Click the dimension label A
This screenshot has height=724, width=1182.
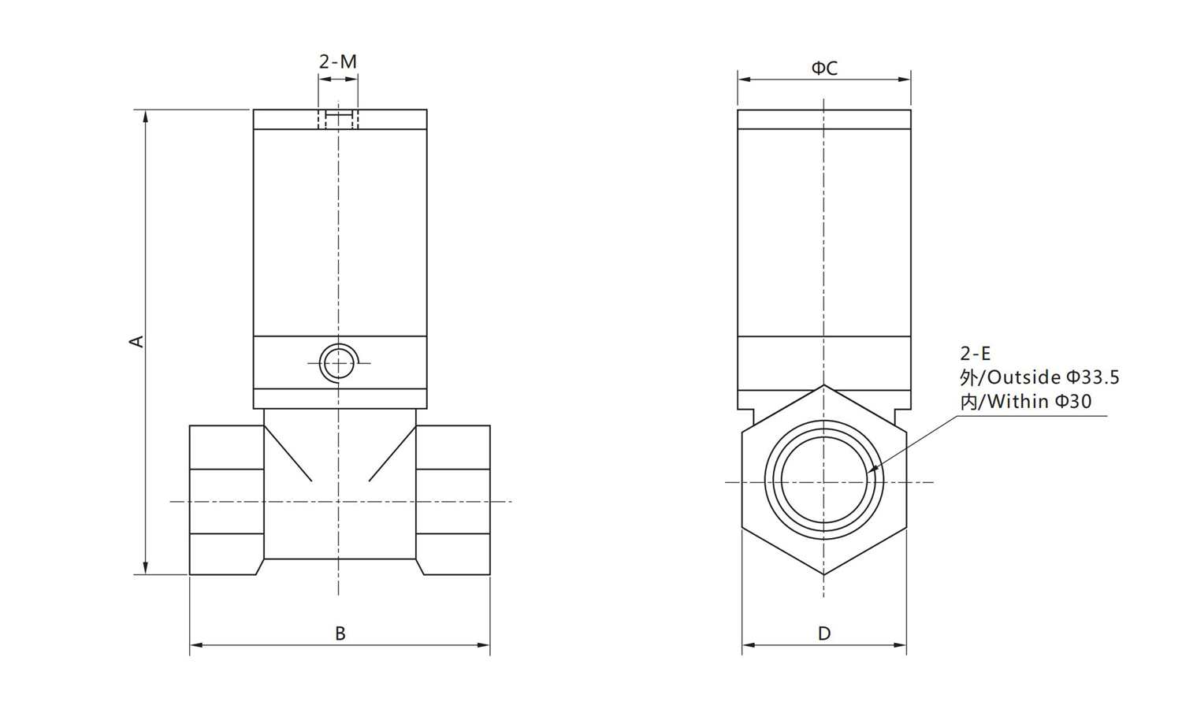(137, 341)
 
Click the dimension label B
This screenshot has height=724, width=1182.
(340, 633)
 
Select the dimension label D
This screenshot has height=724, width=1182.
(824, 633)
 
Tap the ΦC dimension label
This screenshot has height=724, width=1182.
(824, 69)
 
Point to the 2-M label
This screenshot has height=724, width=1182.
(338, 61)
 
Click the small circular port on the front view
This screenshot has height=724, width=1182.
(338, 364)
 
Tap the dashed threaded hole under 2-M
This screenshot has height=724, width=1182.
(338, 119)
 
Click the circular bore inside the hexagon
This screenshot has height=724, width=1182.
(824, 482)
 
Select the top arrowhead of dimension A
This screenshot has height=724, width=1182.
(146, 116)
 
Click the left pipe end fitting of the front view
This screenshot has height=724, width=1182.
(226, 500)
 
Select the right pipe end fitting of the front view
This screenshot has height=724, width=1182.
(453, 500)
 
